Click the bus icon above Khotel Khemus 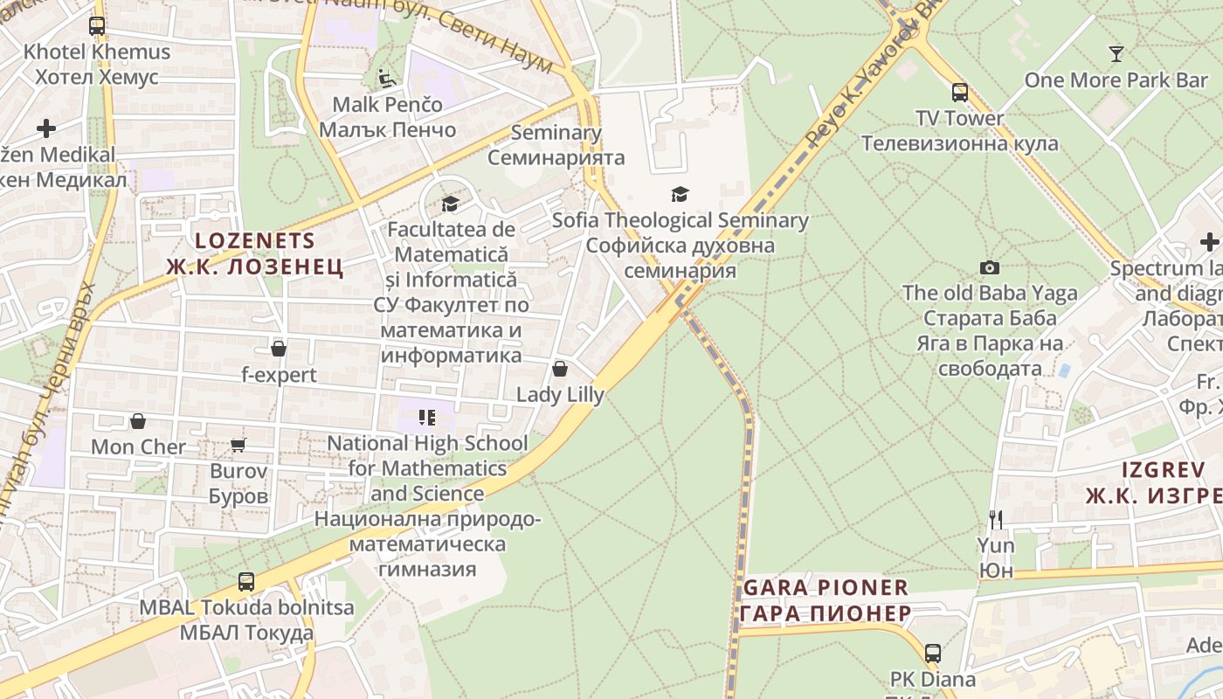tap(97, 26)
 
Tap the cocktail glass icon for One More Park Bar tap(1116, 54)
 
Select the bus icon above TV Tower tap(960, 92)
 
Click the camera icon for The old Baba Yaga tap(990, 267)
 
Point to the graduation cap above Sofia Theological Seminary tap(680, 194)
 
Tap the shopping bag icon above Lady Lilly tap(560, 369)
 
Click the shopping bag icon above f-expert tap(279, 349)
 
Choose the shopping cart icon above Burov tap(238, 445)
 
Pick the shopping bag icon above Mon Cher tap(138, 421)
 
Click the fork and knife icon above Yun tap(996, 520)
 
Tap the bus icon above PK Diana tap(933, 653)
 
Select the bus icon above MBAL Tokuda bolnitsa tap(246, 581)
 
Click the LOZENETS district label tap(254, 240)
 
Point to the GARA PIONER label tap(826, 587)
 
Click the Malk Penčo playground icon tap(387, 79)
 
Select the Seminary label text tap(556, 133)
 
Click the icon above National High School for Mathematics tap(427, 418)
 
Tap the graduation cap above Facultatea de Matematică tap(450, 204)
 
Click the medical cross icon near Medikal tap(46, 128)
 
